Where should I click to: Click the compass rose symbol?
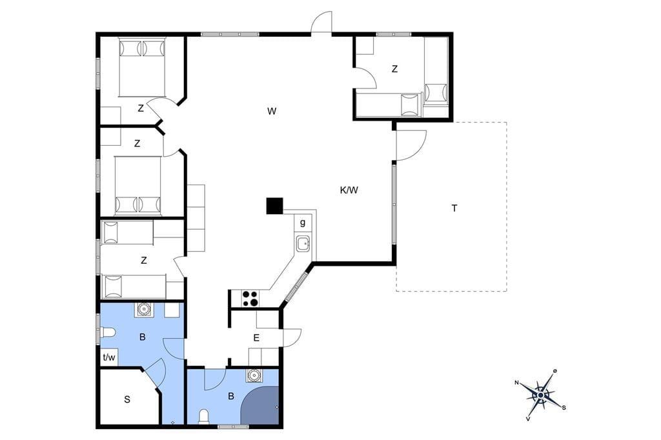[x=540, y=395]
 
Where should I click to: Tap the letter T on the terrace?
[x=454, y=208]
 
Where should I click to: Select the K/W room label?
[x=349, y=190]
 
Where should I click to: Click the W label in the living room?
[x=272, y=111]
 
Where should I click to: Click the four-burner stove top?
[x=250, y=299]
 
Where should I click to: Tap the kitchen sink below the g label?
[x=303, y=244]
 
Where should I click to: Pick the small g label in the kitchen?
[x=302, y=223]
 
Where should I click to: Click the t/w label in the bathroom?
[x=108, y=357]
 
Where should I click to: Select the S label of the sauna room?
[x=127, y=399]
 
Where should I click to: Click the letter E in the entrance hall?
[x=256, y=337]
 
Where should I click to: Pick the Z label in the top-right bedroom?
[x=394, y=68]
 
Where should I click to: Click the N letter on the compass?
[x=516, y=383]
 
